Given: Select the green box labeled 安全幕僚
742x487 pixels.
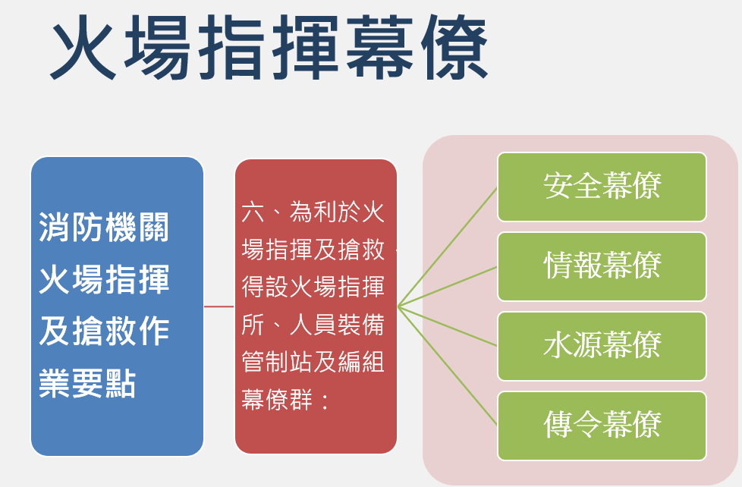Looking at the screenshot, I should point(602,187).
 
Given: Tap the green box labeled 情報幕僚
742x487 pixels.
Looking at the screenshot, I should point(602,266).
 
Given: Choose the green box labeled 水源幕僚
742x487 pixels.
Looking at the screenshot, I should point(602,346).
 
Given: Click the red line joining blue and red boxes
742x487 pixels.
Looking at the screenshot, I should point(219,306).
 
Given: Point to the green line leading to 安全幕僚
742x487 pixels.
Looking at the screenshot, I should point(448,246).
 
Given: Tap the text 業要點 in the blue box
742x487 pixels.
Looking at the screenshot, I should point(87,386).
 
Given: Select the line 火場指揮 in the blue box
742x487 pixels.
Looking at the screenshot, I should point(104,281).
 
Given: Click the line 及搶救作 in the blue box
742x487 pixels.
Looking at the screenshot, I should point(104,333).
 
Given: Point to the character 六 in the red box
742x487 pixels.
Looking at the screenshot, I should point(253,212).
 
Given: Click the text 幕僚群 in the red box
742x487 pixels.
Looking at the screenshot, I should point(277,400).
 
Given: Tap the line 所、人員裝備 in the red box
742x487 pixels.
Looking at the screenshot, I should point(313,325).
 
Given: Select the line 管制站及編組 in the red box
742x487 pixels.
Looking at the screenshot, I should point(313,362).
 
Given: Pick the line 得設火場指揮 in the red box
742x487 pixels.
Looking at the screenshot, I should point(313,287).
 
